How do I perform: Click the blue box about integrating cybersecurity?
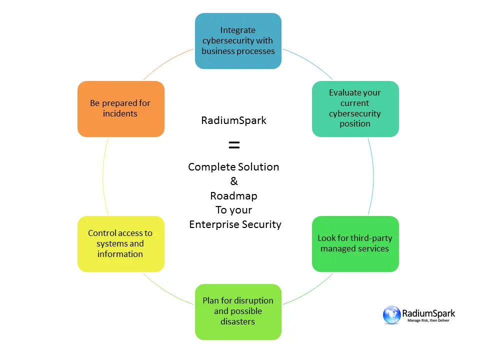(238, 41)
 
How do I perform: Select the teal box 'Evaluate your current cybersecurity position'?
(355, 108)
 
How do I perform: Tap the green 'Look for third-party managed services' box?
(355, 243)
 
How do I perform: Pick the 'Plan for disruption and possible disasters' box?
(238, 311)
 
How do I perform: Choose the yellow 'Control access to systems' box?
(120, 243)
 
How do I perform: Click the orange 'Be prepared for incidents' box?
(120, 108)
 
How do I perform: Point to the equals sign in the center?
(234, 145)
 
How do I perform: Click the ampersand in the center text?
(234, 181)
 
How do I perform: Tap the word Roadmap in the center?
(234, 195)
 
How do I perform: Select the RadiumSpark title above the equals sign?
(234, 120)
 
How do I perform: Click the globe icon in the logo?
(392, 315)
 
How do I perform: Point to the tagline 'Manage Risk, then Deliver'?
(428, 320)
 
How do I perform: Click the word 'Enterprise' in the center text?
(213, 224)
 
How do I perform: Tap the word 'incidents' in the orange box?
(120, 113)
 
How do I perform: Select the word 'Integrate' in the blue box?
(238, 30)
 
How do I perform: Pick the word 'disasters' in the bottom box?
(238, 321)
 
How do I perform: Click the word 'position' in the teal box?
(355, 124)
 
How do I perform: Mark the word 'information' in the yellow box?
(120, 254)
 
